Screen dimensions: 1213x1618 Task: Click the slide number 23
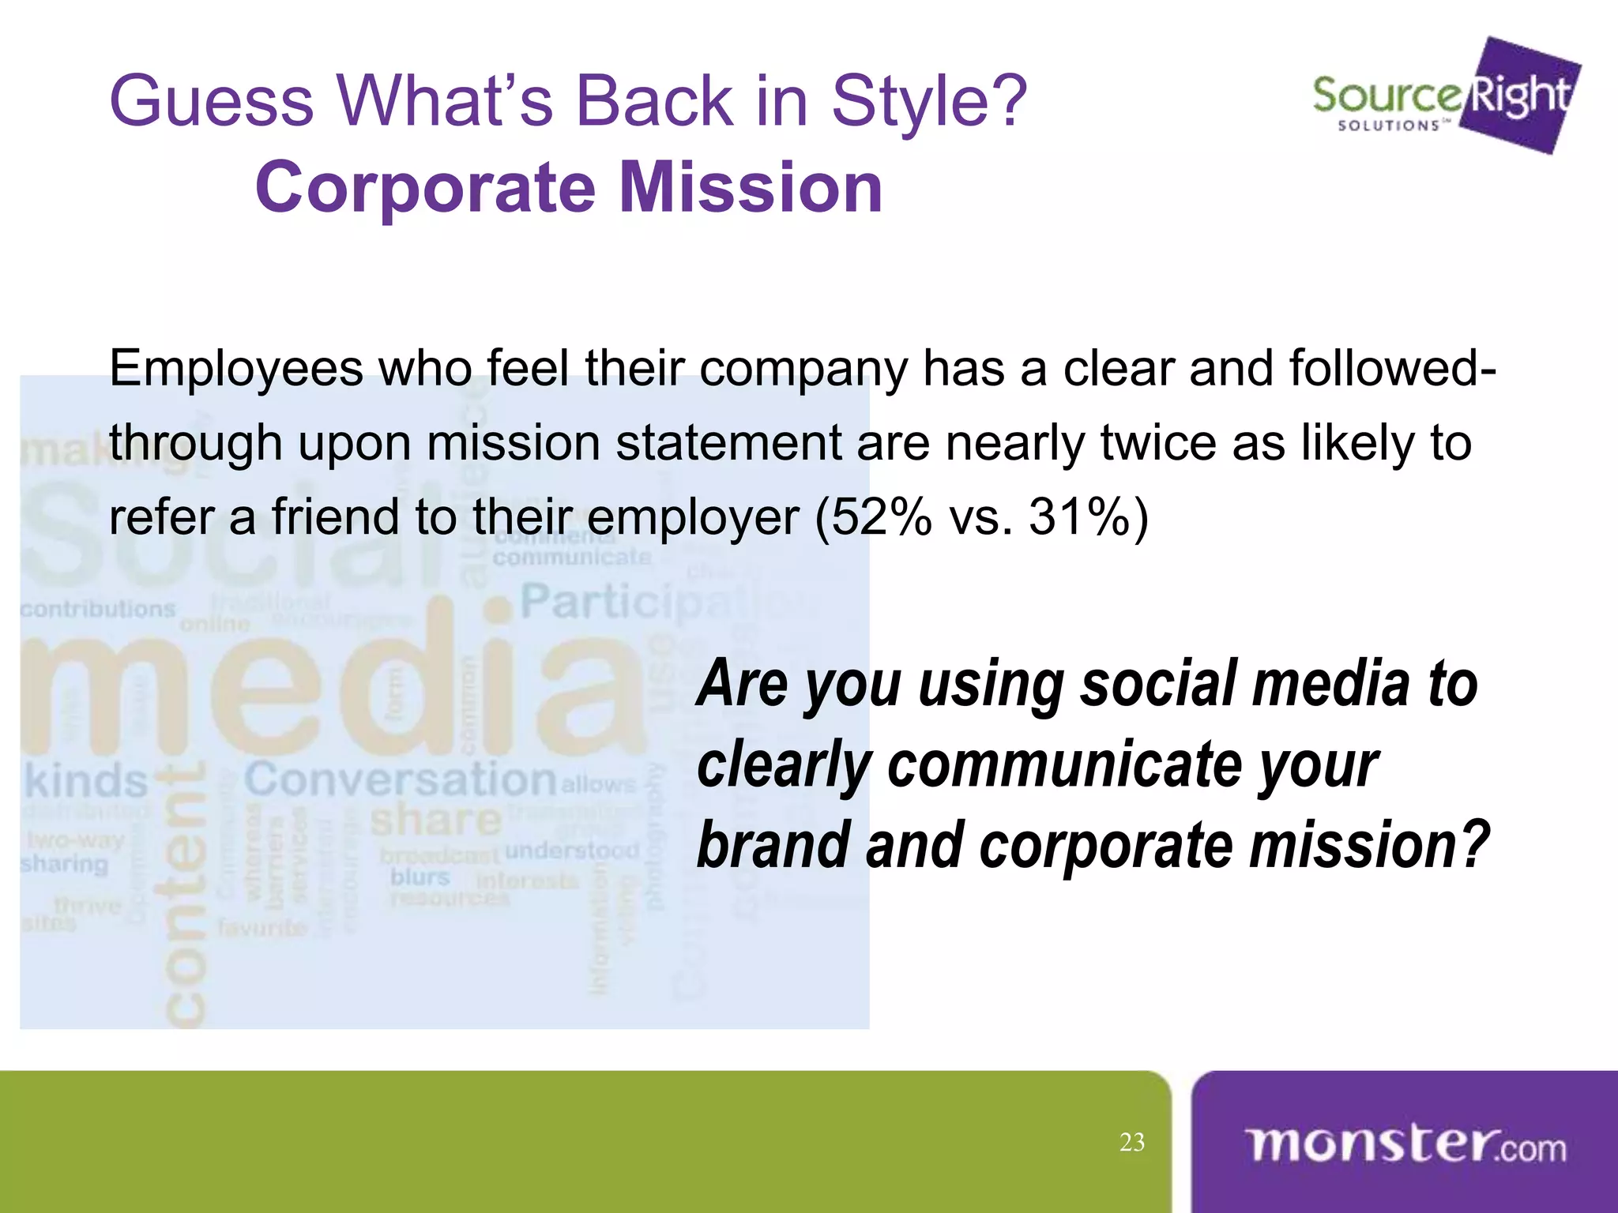pyautogui.click(x=1132, y=1142)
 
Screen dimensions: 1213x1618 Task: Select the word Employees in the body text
pyautogui.click(x=235, y=370)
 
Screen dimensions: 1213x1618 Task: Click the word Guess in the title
pyautogui.click(x=212, y=101)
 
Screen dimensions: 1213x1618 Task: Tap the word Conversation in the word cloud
pyautogui.click(x=401, y=779)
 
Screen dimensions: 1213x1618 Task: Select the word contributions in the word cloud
pyautogui.click(x=97, y=609)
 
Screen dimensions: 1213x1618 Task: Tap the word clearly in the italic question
pyautogui.click(x=784, y=764)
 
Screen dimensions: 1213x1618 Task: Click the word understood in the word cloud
pyautogui.click(x=572, y=851)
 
